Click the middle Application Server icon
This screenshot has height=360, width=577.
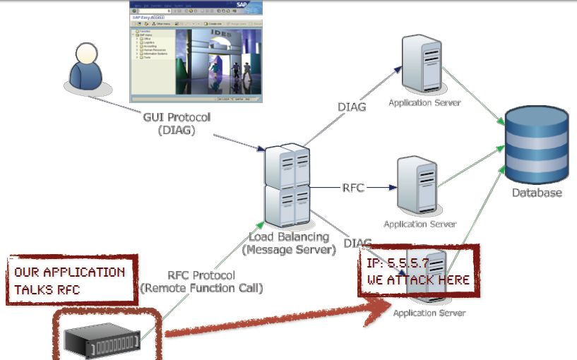click(417, 185)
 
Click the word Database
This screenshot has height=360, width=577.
click(537, 193)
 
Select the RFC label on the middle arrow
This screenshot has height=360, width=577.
click(354, 188)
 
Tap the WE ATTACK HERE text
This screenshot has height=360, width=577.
click(418, 280)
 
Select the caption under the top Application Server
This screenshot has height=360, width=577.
click(424, 103)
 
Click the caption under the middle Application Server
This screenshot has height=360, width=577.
click(419, 224)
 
